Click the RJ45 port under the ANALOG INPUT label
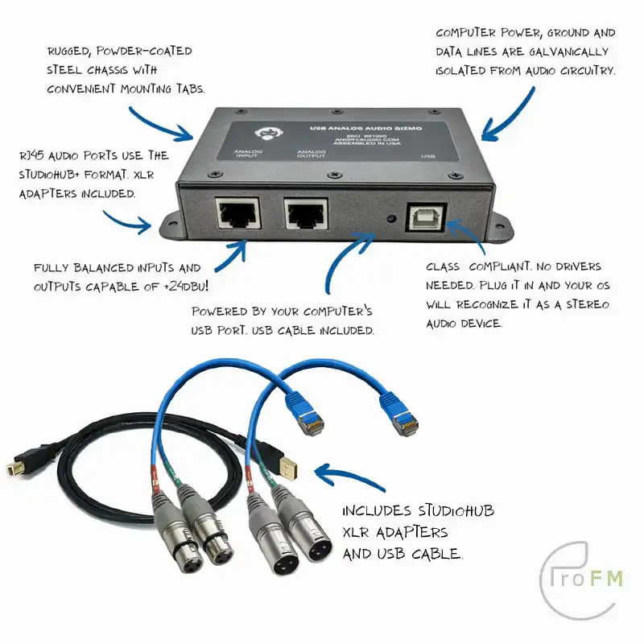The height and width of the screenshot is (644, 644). pos(237,214)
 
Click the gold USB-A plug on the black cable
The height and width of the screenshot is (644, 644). pos(282,463)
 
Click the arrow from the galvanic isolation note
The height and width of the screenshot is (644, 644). pos(507,113)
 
